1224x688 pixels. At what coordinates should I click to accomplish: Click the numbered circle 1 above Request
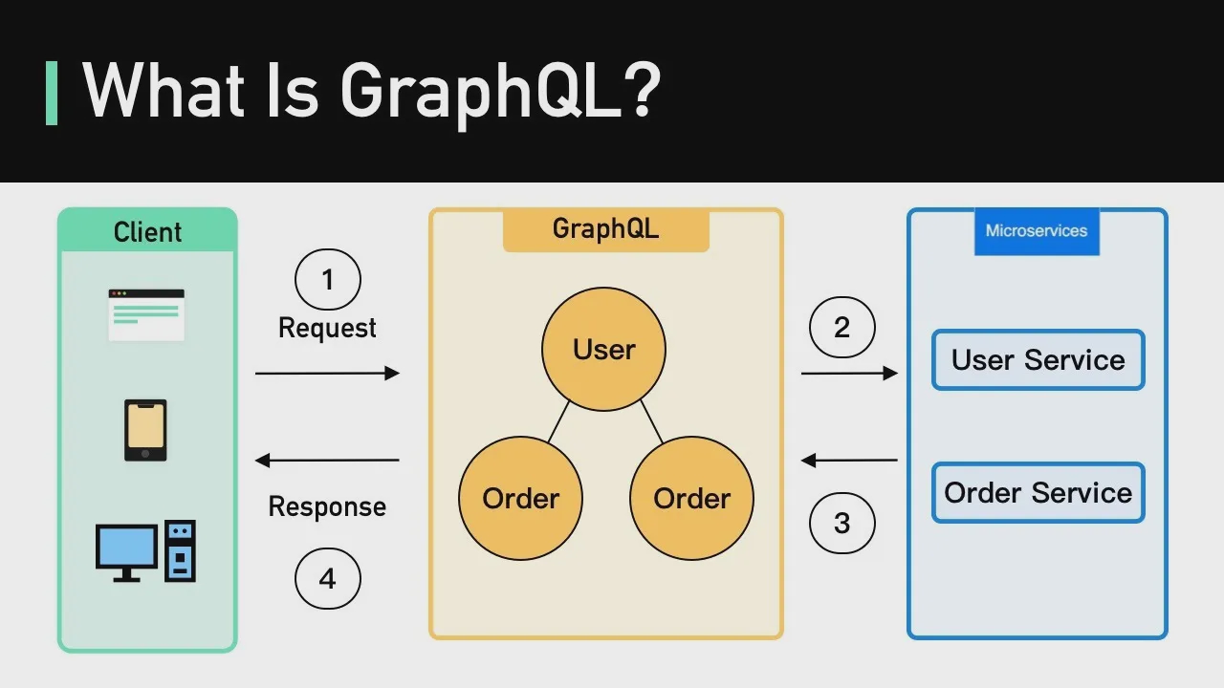(x=327, y=280)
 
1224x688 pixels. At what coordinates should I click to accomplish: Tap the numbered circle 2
(x=841, y=328)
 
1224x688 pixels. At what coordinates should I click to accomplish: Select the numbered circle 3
(x=841, y=523)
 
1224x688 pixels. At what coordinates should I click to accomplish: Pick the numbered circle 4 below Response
(x=327, y=578)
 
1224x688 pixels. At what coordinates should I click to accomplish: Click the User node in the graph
(x=603, y=350)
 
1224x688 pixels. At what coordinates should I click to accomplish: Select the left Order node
(x=520, y=498)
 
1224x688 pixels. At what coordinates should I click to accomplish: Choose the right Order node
(x=691, y=498)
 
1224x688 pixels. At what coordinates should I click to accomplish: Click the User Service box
(x=1038, y=360)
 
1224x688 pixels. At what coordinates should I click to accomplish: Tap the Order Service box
(x=1038, y=493)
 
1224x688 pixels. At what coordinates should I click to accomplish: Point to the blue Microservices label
(x=1037, y=231)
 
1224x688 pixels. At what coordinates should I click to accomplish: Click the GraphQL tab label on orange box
(x=605, y=229)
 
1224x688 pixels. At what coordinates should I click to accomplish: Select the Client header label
(x=147, y=232)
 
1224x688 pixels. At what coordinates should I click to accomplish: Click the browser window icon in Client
(x=145, y=314)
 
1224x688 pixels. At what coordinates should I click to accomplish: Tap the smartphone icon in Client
(x=145, y=430)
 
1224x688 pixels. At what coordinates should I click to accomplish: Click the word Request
(x=327, y=328)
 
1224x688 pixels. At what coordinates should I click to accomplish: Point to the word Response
(x=327, y=506)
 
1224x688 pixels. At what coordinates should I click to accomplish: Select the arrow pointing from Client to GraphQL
(x=327, y=373)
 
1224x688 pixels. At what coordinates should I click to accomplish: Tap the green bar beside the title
(x=52, y=93)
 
